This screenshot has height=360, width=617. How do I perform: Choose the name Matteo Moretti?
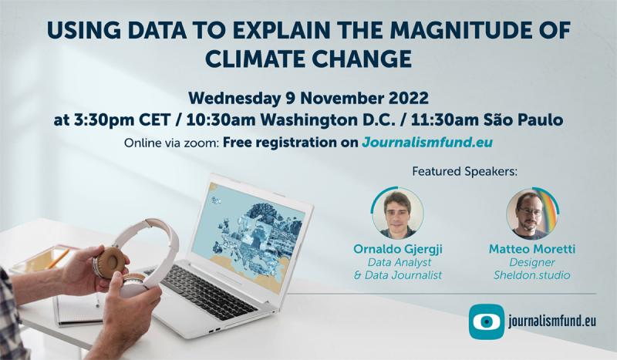532,250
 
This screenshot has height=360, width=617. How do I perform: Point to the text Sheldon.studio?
532,275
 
